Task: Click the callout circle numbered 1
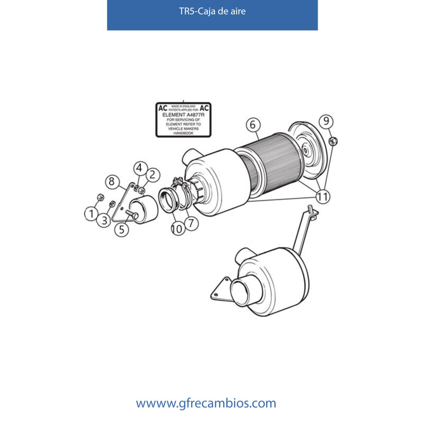click(x=91, y=214)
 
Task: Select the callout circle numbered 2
click(x=153, y=175)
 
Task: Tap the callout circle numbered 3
click(x=104, y=220)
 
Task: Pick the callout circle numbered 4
click(x=140, y=168)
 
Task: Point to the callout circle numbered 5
click(x=122, y=230)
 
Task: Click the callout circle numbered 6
click(x=253, y=125)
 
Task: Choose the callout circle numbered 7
click(x=191, y=223)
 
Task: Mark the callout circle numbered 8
click(x=112, y=181)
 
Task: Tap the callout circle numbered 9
click(x=326, y=121)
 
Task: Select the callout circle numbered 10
click(x=178, y=229)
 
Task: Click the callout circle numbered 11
click(x=323, y=196)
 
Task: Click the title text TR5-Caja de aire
click(x=212, y=11)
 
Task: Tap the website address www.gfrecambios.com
click(x=206, y=403)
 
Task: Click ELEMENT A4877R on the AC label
click(x=183, y=115)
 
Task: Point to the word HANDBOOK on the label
click(x=183, y=133)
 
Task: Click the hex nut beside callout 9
click(x=333, y=142)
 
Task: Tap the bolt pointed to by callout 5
click(x=132, y=215)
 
